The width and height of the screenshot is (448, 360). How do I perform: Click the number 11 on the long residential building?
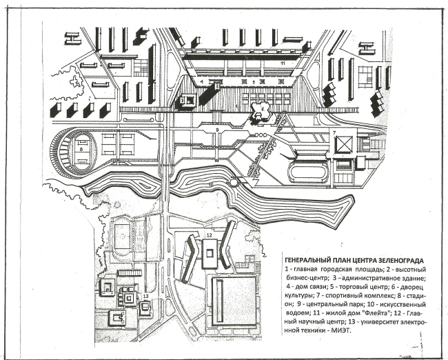click(283, 63)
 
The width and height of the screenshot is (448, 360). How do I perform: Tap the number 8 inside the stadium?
click(81, 147)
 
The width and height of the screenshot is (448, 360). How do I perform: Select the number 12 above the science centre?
click(207, 236)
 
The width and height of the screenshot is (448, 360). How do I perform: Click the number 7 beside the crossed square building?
click(334, 132)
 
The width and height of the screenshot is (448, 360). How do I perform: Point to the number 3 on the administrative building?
click(182, 101)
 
